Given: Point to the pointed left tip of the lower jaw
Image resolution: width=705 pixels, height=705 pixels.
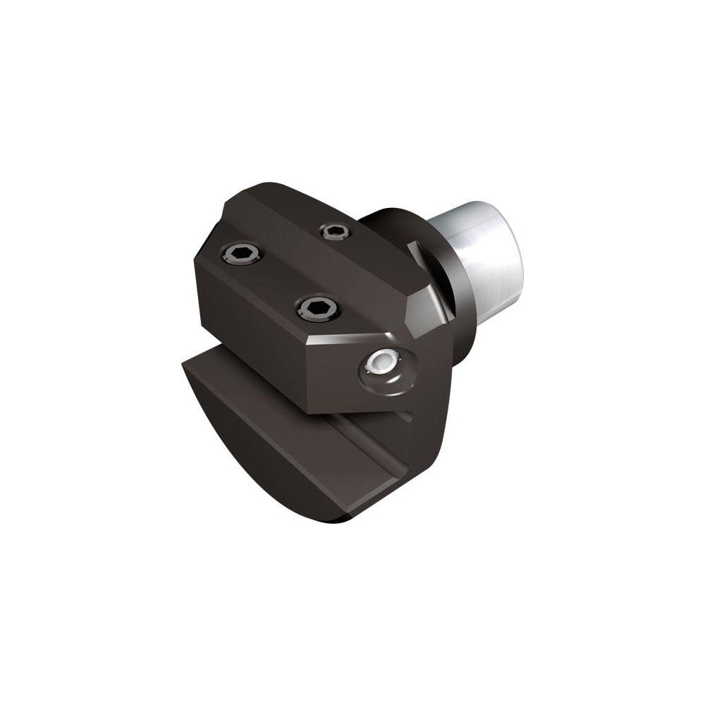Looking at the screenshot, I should pos(184,365).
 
